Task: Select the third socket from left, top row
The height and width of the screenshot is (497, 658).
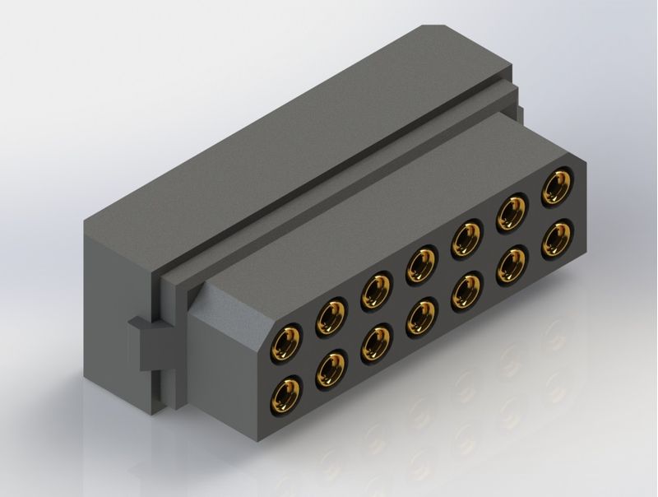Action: coord(376,289)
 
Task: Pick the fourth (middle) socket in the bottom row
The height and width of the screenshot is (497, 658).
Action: coord(422,314)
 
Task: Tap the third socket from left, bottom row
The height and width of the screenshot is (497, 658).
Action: coord(376,341)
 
